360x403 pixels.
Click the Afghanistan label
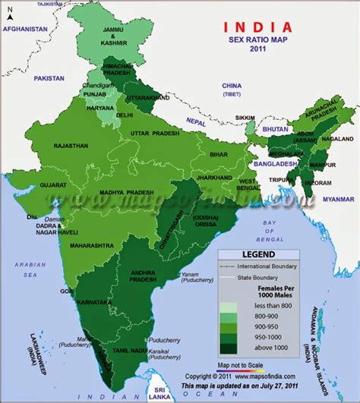point(26,27)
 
